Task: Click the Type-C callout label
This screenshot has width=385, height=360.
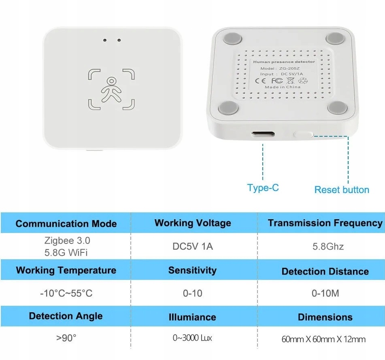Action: (263, 188)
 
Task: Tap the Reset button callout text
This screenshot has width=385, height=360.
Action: (342, 190)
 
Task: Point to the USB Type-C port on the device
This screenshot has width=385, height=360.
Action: (263, 134)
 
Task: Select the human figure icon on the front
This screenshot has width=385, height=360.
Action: (111, 89)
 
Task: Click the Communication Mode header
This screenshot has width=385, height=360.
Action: (66, 224)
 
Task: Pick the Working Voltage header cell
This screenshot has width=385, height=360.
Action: (193, 223)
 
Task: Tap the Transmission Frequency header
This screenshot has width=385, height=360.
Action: (325, 223)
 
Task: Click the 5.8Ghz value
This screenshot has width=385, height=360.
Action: (325, 246)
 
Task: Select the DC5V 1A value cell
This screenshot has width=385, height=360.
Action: (193, 246)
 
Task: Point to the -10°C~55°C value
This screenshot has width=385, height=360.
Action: (66, 293)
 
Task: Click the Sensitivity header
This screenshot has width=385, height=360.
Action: (192, 270)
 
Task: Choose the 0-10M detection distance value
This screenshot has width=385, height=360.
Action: (325, 293)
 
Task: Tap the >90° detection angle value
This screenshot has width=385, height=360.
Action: (66, 338)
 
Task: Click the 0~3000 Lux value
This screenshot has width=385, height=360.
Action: (192, 338)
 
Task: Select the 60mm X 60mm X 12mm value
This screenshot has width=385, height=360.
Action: (323, 339)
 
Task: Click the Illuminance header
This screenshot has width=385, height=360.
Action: (192, 317)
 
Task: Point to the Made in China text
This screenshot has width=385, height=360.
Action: (283, 87)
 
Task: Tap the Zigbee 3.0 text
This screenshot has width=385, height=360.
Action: (67, 241)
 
